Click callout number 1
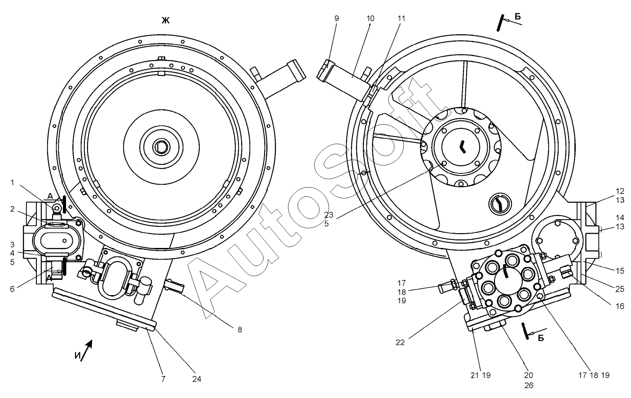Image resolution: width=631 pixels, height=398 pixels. coord(13,182)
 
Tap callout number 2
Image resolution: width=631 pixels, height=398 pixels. coord(13,209)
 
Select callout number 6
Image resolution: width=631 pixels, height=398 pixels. coord(13,289)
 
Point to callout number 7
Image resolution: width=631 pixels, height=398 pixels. coord(163,379)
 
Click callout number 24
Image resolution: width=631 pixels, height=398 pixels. coord(196,379)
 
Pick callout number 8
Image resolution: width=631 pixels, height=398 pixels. coord(240,329)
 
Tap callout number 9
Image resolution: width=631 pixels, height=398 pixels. coord(336,18)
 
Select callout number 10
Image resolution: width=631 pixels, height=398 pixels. coord(370,18)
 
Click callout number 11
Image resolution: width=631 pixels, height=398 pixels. coord(401,18)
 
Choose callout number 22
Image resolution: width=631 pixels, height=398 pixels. coord(400,342)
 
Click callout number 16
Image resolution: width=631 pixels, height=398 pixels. coord(620,306)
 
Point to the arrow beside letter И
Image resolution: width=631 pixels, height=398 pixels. coord(89,345)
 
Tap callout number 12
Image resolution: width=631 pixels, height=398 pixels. coord(620,191)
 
